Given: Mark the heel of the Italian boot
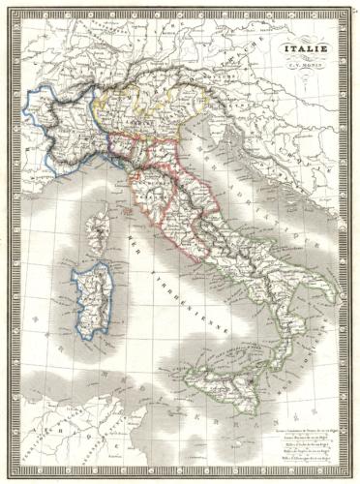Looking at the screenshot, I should (x=327, y=291).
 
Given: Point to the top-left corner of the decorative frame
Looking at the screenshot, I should (x=14, y=15).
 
